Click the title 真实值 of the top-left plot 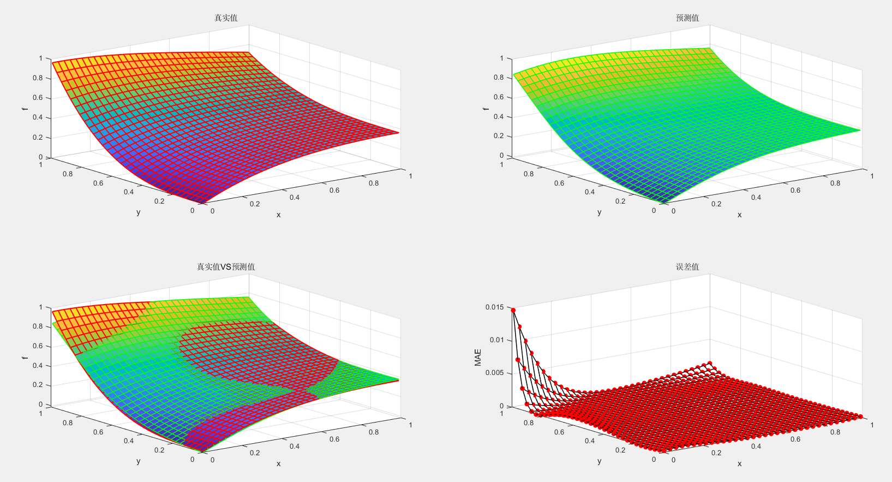point(225,18)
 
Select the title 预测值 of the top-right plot point(687,18)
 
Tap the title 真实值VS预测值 point(225,267)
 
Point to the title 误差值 point(687,267)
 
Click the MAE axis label point(478,357)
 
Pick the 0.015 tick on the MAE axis point(494,307)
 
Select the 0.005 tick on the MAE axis point(494,373)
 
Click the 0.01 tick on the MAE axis point(496,340)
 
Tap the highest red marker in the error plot point(513,310)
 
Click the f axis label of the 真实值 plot point(24,109)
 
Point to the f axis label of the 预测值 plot point(485,108)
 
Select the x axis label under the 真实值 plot point(278,215)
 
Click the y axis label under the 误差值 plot point(599,461)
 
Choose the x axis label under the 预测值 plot point(739,215)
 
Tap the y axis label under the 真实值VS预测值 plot point(138,461)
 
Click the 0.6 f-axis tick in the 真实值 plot point(37,98)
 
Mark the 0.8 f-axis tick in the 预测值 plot point(498,78)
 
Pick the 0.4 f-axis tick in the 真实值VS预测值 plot point(37,366)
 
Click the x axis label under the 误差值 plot point(739,464)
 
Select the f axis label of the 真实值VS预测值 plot point(24,358)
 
